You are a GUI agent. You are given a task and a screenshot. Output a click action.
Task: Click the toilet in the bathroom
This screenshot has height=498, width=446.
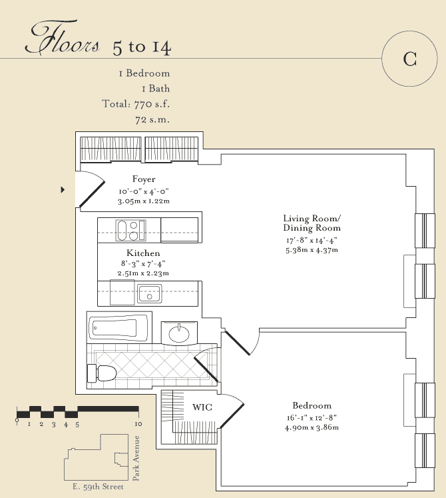click(102, 373)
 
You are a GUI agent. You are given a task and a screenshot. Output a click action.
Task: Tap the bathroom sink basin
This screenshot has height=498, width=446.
click(179, 334)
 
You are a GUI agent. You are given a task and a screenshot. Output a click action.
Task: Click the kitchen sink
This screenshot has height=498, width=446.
click(149, 294)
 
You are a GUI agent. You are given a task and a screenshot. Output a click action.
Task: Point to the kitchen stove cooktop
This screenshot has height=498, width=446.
click(130, 230)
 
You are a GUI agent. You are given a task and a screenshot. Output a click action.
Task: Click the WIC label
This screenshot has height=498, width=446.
click(202, 407)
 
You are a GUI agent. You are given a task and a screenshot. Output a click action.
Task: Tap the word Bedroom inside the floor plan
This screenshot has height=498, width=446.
click(312, 405)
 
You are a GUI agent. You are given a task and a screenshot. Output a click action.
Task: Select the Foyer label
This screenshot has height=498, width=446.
click(144, 179)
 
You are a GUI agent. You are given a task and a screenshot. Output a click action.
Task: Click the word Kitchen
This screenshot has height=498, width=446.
click(143, 253)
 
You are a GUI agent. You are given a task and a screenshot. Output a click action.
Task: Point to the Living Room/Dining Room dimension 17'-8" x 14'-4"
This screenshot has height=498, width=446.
click(312, 241)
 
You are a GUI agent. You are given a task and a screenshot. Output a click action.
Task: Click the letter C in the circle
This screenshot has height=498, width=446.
click(410, 59)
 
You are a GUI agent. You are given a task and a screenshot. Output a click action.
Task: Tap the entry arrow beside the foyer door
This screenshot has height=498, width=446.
click(63, 189)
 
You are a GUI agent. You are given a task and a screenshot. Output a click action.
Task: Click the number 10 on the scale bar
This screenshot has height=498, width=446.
click(138, 424)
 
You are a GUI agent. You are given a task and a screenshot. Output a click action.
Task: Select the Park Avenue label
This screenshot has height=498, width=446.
click(136, 458)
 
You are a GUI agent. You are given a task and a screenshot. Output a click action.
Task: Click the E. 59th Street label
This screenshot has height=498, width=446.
click(98, 487)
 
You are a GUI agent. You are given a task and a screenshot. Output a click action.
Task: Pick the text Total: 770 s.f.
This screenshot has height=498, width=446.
click(136, 104)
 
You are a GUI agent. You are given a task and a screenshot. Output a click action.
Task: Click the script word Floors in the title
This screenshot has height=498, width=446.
click(62, 37)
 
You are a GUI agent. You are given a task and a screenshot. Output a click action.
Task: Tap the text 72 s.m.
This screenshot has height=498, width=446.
click(152, 120)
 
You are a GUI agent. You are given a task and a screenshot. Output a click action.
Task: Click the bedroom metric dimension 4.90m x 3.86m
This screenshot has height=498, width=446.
click(312, 427)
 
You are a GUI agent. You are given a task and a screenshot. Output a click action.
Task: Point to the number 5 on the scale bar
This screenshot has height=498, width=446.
click(77, 424)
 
